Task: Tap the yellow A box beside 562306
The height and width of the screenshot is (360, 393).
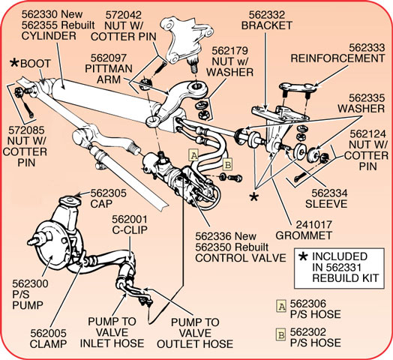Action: tap(281, 306)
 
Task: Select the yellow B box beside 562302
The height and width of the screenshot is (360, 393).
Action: tap(280, 334)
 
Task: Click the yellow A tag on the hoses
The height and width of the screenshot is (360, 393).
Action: tap(193, 155)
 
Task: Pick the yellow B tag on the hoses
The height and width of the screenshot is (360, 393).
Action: tap(227, 165)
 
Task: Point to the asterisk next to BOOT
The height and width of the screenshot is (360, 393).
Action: tap(14, 63)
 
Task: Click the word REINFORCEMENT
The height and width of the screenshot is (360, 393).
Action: tap(337, 58)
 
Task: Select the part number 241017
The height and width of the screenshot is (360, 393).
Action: tap(313, 224)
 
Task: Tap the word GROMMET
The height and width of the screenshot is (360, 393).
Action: tap(304, 235)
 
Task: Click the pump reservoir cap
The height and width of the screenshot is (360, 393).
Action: tap(70, 201)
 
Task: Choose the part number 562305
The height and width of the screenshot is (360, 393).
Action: tap(108, 193)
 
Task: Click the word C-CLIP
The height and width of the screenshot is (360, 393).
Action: tap(130, 229)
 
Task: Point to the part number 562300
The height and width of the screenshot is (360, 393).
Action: tap(30, 283)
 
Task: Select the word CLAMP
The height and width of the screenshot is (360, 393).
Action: tap(48, 343)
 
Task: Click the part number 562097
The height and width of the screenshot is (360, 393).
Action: tap(109, 58)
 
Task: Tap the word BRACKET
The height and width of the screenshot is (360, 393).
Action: tap(267, 25)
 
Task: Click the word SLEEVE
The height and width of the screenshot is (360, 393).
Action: tap(326, 204)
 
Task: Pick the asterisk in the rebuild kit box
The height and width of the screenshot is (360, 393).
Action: tap(303, 256)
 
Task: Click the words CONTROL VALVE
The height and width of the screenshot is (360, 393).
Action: tap(241, 258)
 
